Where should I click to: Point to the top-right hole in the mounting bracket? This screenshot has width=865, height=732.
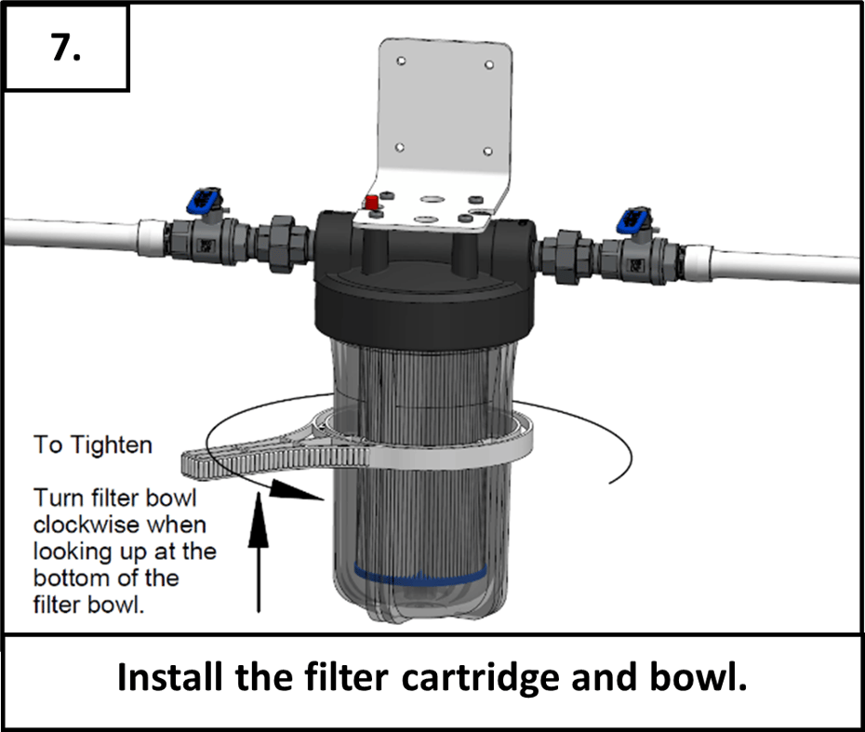490,66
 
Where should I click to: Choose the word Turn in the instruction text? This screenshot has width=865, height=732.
55,497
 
